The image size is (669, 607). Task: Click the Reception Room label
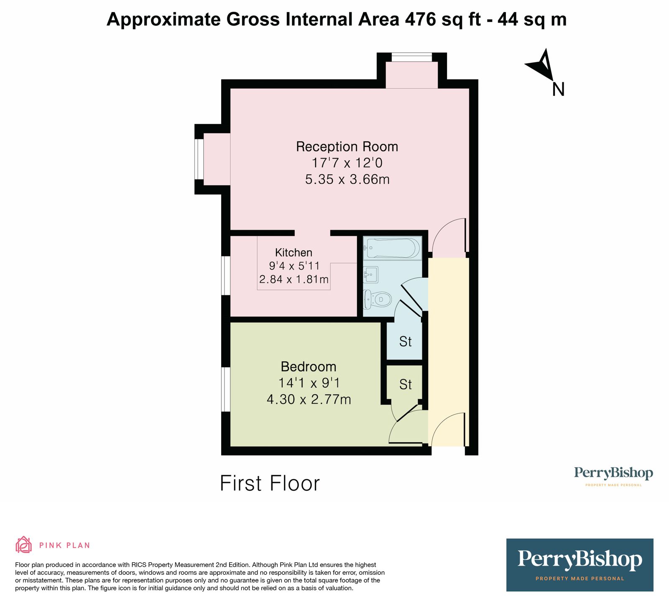click(347, 147)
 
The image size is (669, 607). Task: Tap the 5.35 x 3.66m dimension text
click(347, 179)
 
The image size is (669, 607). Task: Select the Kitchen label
click(294, 253)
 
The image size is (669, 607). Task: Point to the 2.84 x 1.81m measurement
click(294, 279)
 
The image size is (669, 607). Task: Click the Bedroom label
click(308, 367)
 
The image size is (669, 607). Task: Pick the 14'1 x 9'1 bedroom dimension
click(309, 383)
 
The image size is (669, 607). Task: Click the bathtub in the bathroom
click(392, 248)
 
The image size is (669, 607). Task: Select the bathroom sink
click(370, 275)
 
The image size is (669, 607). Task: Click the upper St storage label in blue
click(405, 342)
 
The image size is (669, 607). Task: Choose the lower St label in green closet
click(405, 384)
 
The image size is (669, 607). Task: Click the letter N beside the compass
click(558, 90)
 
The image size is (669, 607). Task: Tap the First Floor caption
click(270, 484)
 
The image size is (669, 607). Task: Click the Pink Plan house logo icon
click(23, 545)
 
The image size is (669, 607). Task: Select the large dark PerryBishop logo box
click(580, 565)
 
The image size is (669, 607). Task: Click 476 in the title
click(420, 19)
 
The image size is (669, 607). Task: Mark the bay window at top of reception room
click(411, 57)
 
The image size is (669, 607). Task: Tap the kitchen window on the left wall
click(226, 276)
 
